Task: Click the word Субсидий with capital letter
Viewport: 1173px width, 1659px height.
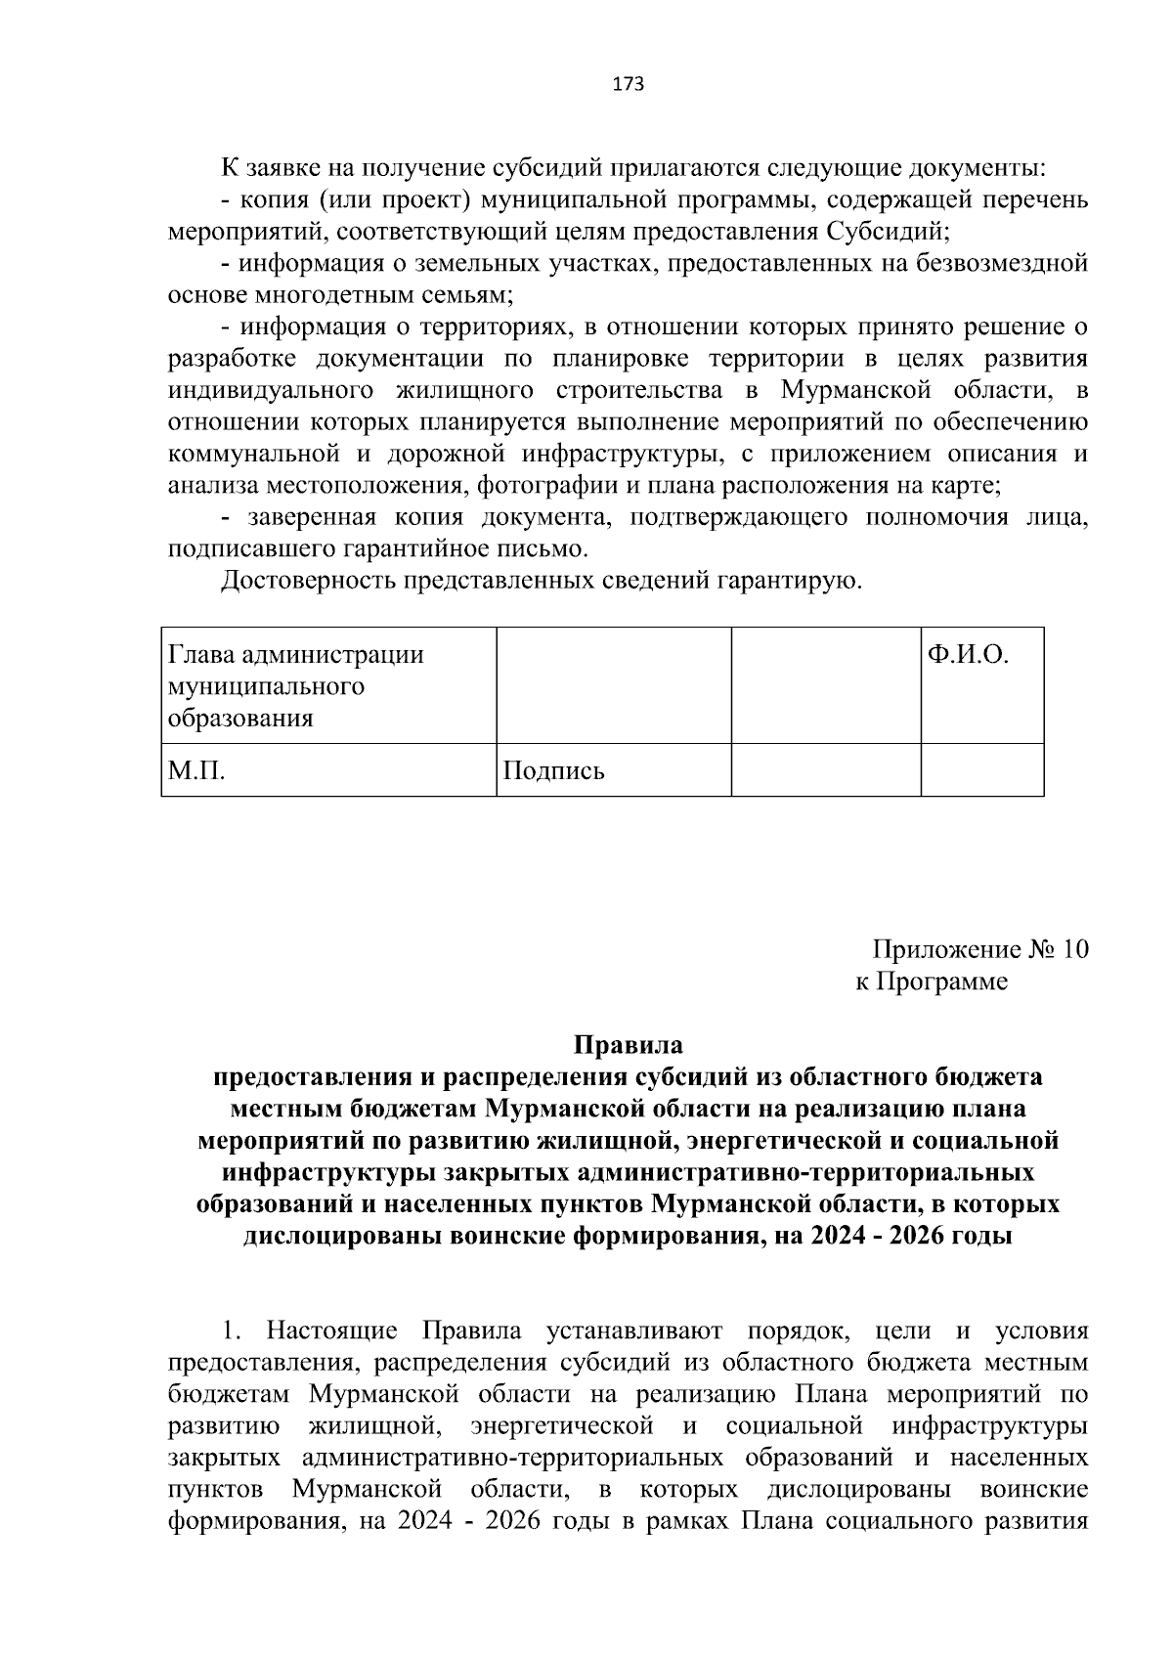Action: (885, 232)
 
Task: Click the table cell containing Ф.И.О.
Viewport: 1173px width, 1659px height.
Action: (981, 685)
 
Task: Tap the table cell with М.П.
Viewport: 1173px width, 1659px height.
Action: (328, 770)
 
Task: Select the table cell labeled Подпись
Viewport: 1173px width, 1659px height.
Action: (613, 770)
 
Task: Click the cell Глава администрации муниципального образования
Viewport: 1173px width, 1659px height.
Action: (328, 685)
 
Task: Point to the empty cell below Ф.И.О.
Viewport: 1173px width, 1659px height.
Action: (981, 770)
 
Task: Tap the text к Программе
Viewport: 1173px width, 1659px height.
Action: (931, 982)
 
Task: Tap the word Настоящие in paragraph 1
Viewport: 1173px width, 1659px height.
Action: (332, 1332)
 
